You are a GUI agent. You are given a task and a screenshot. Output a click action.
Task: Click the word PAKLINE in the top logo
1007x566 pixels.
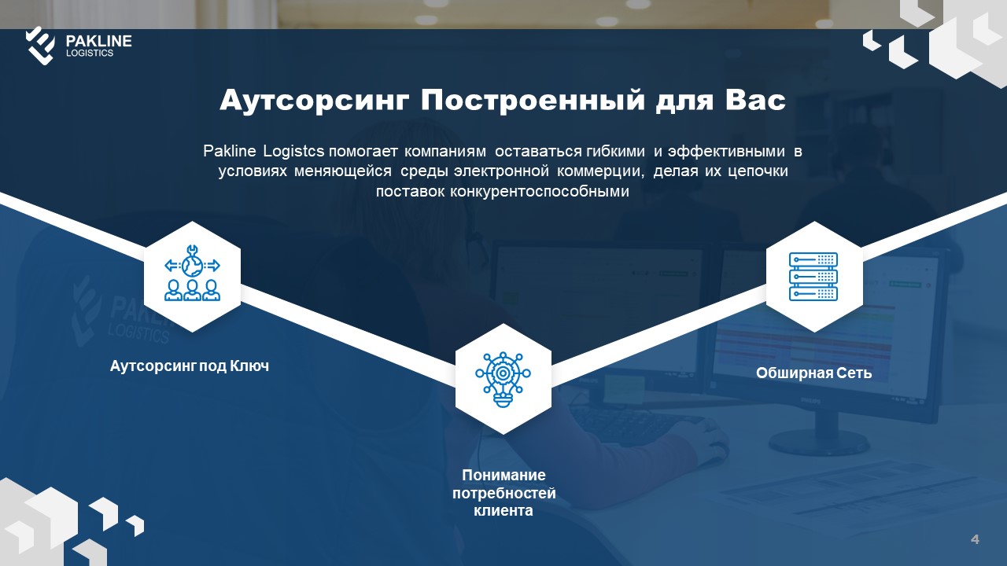(98, 41)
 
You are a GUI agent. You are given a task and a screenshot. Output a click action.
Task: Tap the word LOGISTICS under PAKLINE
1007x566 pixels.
(90, 53)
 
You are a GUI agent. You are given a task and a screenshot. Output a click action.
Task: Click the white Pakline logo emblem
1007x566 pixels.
(40, 46)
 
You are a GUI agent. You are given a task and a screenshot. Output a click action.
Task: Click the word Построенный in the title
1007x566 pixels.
(533, 101)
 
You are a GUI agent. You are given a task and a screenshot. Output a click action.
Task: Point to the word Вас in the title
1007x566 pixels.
(755, 100)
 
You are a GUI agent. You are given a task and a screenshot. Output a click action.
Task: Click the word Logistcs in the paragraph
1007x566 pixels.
(293, 152)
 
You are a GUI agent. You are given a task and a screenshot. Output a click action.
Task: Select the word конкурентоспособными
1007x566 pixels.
(540, 192)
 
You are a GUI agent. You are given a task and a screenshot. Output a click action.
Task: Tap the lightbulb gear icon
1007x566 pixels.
(503, 379)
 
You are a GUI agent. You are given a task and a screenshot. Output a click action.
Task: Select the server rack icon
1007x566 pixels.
(813, 277)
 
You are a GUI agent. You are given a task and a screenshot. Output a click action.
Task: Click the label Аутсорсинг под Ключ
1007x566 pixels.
(190, 366)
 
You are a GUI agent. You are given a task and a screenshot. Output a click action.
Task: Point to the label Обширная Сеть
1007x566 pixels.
(813, 373)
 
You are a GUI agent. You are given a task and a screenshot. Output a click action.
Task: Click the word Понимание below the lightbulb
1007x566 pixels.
(503, 476)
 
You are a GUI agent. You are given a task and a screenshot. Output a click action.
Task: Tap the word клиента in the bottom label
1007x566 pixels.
(503, 511)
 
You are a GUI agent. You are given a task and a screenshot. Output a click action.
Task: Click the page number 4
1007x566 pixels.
(975, 539)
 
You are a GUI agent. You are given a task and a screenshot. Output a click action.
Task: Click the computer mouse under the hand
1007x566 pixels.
(715, 449)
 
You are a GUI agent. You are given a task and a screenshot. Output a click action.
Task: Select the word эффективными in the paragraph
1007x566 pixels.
(726, 152)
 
